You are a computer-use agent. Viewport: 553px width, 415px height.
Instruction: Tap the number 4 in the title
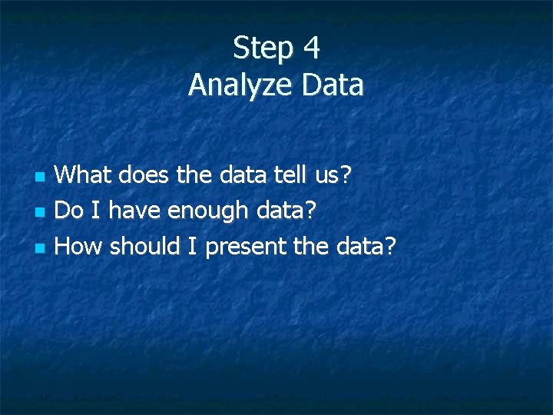coord(311,48)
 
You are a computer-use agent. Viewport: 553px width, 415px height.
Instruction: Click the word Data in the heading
coord(333,85)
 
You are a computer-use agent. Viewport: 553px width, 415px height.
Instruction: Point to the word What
coord(83,175)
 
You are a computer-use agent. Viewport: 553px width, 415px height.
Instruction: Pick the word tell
coord(290,175)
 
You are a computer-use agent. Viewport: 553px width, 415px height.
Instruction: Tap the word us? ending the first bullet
coord(333,175)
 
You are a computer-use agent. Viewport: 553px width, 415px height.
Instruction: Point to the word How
coord(80,246)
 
